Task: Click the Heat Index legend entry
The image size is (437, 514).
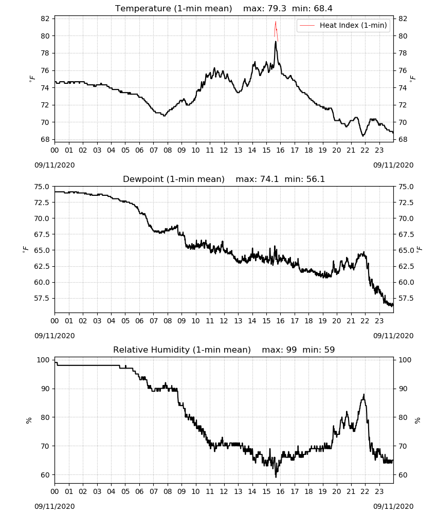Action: click(x=343, y=25)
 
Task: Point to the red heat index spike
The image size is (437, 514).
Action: click(x=276, y=30)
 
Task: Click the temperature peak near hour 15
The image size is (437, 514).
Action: click(x=276, y=42)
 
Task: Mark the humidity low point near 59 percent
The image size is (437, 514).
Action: click(x=276, y=476)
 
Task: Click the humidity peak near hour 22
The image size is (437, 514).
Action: click(x=363, y=395)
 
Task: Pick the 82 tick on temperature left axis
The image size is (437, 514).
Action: click(x=45, y=19)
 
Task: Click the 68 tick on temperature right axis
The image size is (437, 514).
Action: click(x=403, y=139)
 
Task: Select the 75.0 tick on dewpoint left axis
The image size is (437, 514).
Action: click(x=42, y=187)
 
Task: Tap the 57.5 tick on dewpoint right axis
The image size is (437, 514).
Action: click(x=406, y=298)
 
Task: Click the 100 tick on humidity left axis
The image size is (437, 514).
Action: click(x=43, y=360)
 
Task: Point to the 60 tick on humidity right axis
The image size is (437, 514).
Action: click(x=403, y=475)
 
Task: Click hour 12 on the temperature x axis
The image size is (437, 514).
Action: click(x=224, y=150)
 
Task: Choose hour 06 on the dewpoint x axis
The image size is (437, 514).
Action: click(x=139, y=321)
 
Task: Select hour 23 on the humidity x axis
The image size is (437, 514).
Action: click(x=379, y=492)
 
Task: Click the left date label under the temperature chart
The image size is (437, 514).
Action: click(x=54, y=165)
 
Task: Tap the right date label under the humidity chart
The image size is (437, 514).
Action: click(x=393, y=506)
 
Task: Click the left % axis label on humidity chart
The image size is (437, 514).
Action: click(x=29, y=420)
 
